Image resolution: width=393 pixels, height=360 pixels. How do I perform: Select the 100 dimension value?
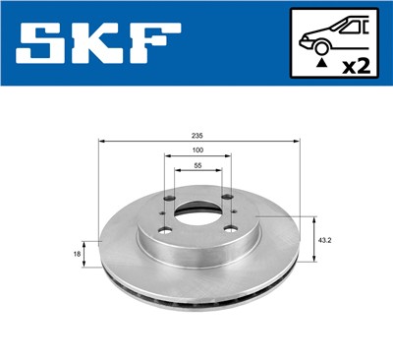[198, 149]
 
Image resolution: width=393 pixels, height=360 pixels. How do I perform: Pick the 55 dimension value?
[198, 165]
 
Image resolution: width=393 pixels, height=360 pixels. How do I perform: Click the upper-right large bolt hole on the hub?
[225, 195]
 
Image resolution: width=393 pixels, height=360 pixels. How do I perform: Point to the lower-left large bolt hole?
[163, 233]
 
